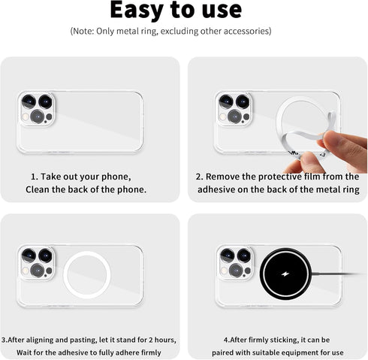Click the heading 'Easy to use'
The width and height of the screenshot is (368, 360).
coord(176,10)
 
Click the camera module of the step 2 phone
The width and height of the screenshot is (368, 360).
coord(234,109)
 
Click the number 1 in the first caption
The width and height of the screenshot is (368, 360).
coord(33,176)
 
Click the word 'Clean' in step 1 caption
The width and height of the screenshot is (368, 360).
coord(39,190)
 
